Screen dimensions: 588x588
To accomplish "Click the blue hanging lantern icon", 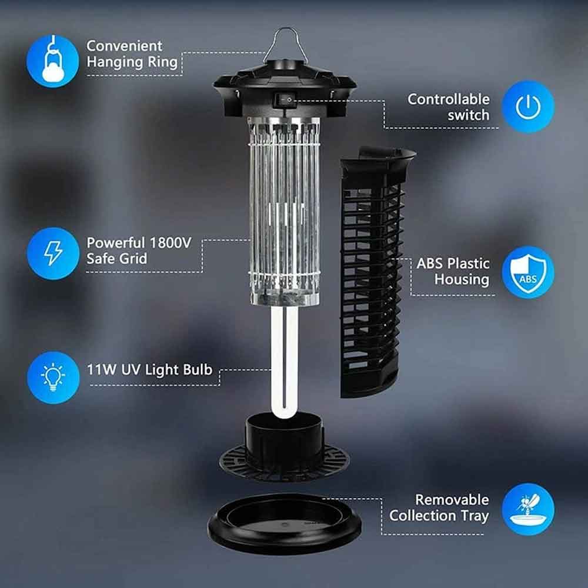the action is pyautogui.click(x=52, y=61).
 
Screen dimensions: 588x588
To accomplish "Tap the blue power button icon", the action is pyautogui.click(x=528, y=106).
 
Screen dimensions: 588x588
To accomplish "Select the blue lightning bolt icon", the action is pyautogui.click(x=53, y=253).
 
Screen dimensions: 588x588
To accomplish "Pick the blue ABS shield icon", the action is pyautogui.click(x=528, y=272).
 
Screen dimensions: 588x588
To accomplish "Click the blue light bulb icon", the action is pyautogui.click(x=53, y=377).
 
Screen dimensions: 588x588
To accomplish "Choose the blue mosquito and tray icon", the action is pyautogui.click(x=528, y=509).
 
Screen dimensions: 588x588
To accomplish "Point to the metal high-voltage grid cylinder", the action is pyautogui.click(x=284, y=211).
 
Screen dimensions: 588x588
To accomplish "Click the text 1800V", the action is pyautogui.click(x=171, y=243).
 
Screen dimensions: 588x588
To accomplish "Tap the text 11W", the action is pyautogui.click(x=101, y=370).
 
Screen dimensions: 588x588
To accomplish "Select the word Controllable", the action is pyautogui.click(x=449, y=99).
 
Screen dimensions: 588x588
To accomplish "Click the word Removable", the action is pyautogui.click(x=452, y=500).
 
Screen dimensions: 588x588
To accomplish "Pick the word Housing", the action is pyautogui.click(x=462, y=280).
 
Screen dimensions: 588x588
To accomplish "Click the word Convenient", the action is pyautogui.click(x=125, y=46).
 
